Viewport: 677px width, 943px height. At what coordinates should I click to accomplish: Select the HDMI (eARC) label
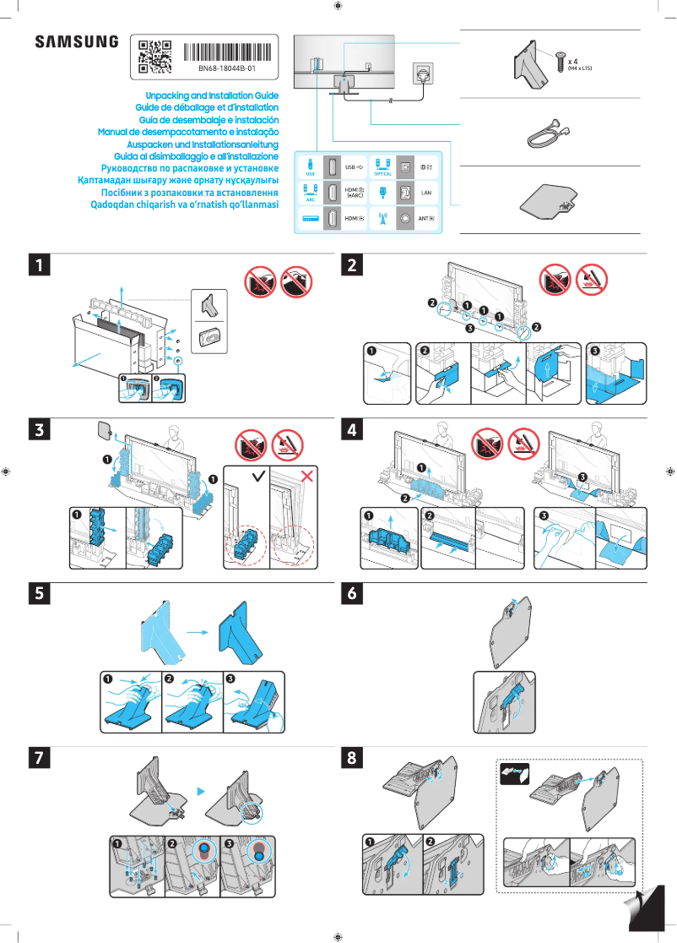tap(355, 194)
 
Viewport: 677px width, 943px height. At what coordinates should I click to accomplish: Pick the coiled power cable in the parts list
tap(547, 133)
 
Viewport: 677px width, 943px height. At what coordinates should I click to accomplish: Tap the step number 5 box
tap(37, 594)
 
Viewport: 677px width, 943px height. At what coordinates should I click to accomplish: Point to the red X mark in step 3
tap(307, 477)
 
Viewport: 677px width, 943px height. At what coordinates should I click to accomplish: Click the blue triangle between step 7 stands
tap(201, 791)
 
